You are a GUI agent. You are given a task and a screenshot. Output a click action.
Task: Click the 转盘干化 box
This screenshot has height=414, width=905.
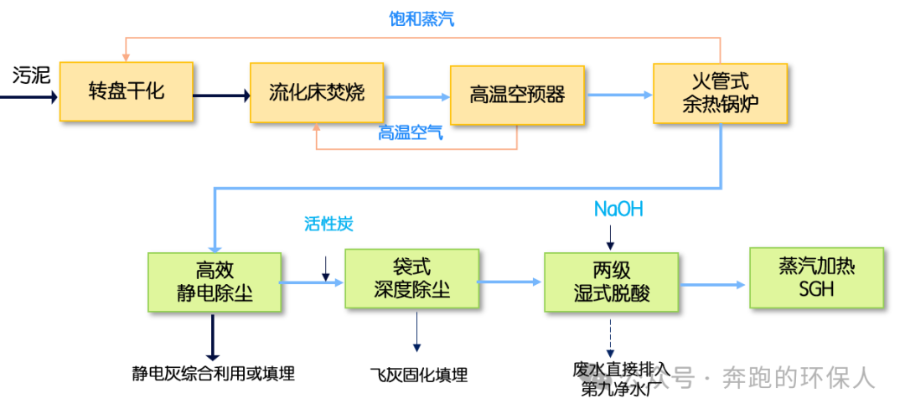(x=127, y=91)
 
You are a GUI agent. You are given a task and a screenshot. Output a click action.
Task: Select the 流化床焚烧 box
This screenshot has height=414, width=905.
(x=317, y=91)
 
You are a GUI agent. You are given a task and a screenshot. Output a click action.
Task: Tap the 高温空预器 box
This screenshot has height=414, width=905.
(x=517, y=94)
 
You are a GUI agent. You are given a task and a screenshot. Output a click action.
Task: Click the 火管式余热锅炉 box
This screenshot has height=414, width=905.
(x=721, y=94)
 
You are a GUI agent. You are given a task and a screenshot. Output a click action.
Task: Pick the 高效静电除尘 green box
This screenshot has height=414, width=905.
(x=214, y=282)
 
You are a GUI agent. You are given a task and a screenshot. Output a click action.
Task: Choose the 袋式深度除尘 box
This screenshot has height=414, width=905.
(x=411, y=278)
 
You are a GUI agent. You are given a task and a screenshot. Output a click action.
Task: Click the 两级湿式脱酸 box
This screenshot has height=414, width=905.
(x=611, y=281)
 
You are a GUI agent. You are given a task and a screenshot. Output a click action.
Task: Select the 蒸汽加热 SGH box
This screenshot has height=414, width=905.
(x=816, y=277)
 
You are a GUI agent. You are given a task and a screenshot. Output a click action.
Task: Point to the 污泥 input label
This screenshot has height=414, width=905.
(x=31, y=75)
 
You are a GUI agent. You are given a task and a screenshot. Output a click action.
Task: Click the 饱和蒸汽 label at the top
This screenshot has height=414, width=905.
(x=421, y=18)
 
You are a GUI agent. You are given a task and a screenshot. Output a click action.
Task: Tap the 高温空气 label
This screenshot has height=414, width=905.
(x=411, y=132)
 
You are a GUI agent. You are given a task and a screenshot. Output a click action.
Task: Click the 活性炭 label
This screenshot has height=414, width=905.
(x=328, y=224)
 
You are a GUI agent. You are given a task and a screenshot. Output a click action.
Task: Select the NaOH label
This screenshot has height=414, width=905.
(x=618, y=209)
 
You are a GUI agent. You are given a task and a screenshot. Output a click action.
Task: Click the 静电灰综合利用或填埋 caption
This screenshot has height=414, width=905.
(x=213, y=374)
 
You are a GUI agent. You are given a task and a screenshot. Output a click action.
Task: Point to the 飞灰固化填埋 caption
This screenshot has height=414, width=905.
(x=418, y=375)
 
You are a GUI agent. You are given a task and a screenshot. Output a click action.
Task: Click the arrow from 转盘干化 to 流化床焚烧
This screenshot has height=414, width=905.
(x=221, y=96)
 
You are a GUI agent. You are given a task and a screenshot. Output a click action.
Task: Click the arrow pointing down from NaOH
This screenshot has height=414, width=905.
(x=611, y=235)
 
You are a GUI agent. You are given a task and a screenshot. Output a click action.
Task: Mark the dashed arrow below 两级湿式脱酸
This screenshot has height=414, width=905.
(x=611, y=339)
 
